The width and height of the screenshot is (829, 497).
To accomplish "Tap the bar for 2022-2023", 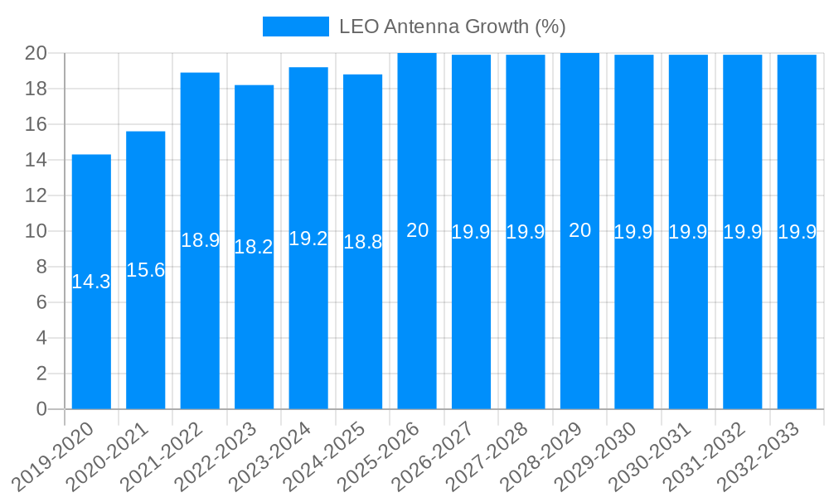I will pyautogui.click(x=254, y=331).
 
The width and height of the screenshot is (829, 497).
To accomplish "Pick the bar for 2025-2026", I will pyautogui.click(x=417, y=331).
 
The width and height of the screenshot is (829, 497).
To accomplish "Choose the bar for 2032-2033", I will pyautogui.click(x=797, y=331).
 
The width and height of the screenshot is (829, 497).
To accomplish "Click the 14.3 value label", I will pyautogui.click(x=91, y=282).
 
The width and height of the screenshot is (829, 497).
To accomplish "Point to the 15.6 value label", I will pyautogui.click(x=146, y=270).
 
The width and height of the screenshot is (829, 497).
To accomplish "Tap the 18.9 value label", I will pyautogui.click(x=200, y=241).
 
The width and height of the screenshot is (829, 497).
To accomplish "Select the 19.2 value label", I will pyautogui.click(x=308, y=239).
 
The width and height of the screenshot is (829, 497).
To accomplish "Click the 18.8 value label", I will pyautogui.click(x=363, y=242).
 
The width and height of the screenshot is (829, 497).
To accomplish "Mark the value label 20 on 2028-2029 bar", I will pyautogui.click(x=579, y=231).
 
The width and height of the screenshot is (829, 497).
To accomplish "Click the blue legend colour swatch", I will pyautogui.click(x=296, y=27).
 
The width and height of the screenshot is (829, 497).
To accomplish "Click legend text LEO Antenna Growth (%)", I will pyautogui.click(x=453, y=27).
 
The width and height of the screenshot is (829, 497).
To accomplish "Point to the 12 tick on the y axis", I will pyautogui.click(x=36, y=195).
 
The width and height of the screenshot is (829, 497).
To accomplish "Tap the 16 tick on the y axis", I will pyautogui.click(x=36, y=124).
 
